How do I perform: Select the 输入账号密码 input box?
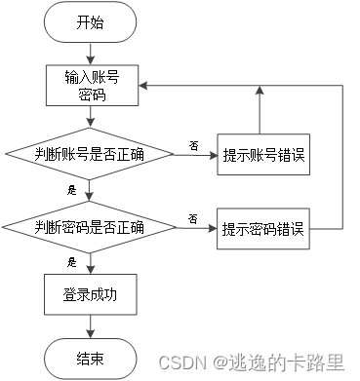coord(90,86)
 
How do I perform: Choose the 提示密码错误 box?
coord(261,229)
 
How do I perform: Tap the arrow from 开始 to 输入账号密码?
coord(90,53)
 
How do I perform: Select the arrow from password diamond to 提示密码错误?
coord(193,229)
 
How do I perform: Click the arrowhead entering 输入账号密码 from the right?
coord(140,86)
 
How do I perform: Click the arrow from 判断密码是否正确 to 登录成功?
coord(90,260)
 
